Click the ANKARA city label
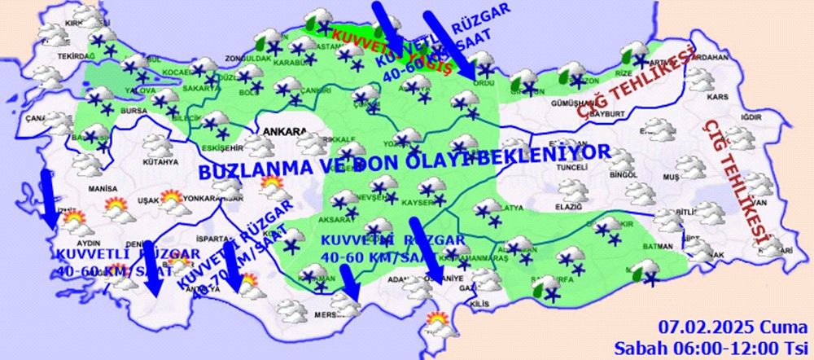(x=284, y=130)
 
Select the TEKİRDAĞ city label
(x=72, y=55)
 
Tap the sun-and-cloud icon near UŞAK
(x=122, y=211)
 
